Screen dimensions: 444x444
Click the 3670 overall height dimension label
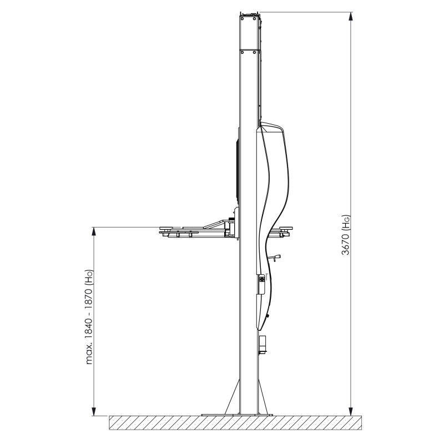tap(346, 235)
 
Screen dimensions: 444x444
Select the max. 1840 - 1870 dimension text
tap(89, 316)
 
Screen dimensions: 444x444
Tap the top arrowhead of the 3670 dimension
tap(351, 17)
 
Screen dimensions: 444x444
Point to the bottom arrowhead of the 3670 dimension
tap(351, 411)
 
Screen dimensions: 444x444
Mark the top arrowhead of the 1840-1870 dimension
tap(94, 231)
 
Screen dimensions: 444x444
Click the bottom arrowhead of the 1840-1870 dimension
tap(94, 411)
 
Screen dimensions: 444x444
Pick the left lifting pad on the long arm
tap(168, 228)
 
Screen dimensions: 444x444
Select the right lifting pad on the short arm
tap(286, 228)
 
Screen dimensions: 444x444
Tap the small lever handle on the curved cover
tap(276, 258)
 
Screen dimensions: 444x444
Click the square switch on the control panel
tap(263, 279)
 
